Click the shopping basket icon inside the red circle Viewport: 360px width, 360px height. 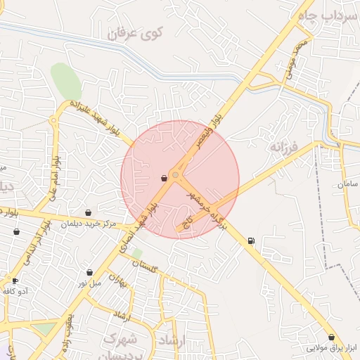[x=164, y=179]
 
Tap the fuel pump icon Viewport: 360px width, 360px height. [x=251, y=242]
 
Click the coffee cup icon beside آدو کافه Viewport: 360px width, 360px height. [x=15, y=281]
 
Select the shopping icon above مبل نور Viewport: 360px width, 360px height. [x=90, y=272]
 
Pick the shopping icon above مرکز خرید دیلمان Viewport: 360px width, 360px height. [x=88, y=212]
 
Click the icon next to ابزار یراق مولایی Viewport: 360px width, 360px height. [x=331, y=337]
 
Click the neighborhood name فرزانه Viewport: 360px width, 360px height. [x=284, y=148]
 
